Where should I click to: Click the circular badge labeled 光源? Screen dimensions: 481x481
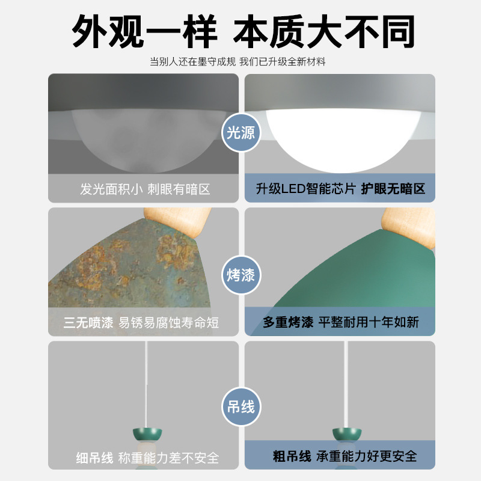240,133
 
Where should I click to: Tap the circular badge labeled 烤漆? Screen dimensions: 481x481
240,275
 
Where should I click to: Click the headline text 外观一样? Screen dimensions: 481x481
144,31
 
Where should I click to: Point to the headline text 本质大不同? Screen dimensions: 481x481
325,31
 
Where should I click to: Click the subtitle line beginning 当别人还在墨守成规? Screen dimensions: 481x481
240,62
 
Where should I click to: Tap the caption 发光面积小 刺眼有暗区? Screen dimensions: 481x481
145,189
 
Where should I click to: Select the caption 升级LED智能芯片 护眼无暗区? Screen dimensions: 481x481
340,189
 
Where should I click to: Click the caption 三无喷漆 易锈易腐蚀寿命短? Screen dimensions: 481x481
141,323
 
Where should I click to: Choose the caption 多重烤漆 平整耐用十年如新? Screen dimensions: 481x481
340,322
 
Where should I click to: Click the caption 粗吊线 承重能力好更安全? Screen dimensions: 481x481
341,457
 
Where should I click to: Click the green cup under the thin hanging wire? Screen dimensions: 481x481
146,434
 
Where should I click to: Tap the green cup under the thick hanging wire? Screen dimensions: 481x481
347,434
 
